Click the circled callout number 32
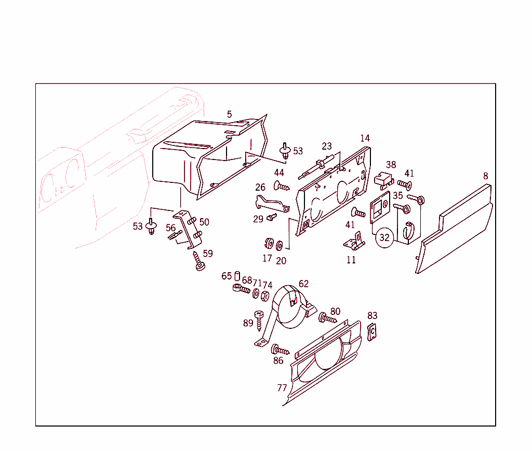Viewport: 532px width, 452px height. tap(384, 237)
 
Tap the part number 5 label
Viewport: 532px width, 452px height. tap(229, 114)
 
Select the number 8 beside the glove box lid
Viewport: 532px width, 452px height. tap(486, 176)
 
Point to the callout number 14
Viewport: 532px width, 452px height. tap(365, 138)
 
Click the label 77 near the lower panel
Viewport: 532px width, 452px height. tap(282, 388)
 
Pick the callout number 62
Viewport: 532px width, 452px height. tap(303, 284)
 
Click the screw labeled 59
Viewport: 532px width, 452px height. tap(198, 261)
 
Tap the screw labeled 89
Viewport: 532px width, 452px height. tap(259, 320)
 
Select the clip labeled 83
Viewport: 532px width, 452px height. tap(372, 331)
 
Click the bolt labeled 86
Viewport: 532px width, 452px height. tap(280, 350)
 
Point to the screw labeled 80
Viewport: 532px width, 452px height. tap(327, 318)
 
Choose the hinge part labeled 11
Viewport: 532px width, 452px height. tap(354, 241)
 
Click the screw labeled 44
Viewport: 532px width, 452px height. tap(281, 187)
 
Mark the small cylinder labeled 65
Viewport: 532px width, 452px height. tap(237, 276)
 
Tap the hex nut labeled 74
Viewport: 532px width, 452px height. tap(265, 296)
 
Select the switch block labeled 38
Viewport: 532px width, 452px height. tap(384, 180)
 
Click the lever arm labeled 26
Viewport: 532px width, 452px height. tap(271, 205)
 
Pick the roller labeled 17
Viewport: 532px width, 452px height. tap(269, 244)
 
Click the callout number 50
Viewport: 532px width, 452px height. tap(204, 222)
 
